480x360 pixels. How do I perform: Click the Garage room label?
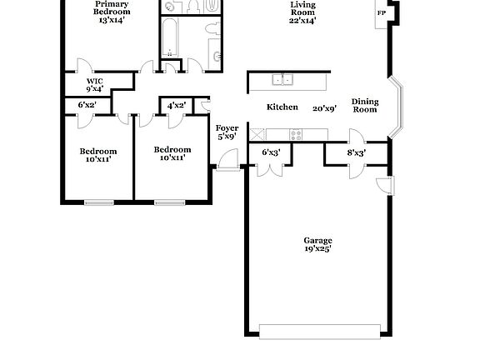[317, 239]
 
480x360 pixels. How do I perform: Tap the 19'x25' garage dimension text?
[317, 248]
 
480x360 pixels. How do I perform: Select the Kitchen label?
[282, 107]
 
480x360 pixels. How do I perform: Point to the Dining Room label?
[364, 106]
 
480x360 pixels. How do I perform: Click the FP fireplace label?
[382, 12]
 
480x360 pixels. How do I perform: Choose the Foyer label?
[227, 128]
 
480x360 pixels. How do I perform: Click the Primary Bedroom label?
[111, 8]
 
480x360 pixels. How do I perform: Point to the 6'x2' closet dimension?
[87, 105]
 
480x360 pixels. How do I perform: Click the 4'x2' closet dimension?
[176, 105]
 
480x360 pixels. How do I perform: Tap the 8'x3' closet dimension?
[356, 152]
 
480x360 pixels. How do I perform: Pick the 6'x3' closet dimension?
[271, 152]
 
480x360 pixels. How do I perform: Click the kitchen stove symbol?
[297, 134]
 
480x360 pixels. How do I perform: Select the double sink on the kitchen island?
[283, 80]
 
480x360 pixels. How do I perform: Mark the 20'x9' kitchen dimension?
[324, 108]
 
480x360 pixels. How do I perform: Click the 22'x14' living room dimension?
[302, 21]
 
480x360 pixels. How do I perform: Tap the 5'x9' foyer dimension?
[227, 137]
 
